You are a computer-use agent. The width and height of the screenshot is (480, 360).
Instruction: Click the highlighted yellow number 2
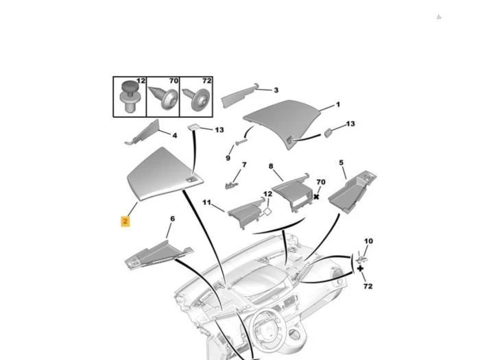tap(125, 221)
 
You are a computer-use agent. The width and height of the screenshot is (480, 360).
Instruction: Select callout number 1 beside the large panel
tap(338, 105)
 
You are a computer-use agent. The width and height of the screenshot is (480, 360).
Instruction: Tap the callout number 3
tap(276, 91)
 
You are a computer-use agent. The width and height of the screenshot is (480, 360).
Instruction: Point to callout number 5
tap(341, 163)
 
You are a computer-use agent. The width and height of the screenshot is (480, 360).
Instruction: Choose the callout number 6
tap(173, 219)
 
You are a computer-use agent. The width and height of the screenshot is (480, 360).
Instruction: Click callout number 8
tap(271, 166)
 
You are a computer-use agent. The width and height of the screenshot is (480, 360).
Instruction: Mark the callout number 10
tap(369, 241)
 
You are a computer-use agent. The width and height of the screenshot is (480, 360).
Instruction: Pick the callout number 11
tap(207, 203)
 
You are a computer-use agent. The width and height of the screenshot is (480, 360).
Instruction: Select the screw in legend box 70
tap(164, 97)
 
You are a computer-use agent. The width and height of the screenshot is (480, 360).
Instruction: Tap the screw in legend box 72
tap(197, 99)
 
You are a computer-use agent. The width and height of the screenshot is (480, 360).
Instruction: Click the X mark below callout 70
tap(316, 197)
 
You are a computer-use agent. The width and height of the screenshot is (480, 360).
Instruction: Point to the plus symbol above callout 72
tap(360, 269)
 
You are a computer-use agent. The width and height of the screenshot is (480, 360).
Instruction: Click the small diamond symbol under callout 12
tap(267, 212)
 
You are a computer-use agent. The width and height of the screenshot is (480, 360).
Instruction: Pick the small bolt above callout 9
tap(241, 142)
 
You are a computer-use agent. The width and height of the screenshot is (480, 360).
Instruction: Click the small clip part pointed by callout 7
tap(232, 185)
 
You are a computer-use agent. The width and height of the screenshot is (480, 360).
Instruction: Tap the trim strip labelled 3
tap(239, 95)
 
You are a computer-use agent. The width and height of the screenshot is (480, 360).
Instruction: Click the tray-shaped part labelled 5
tap(352, 191)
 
